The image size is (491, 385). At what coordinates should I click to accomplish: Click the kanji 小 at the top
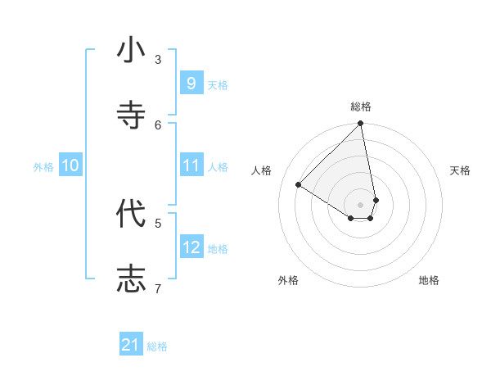(x=131, y=51)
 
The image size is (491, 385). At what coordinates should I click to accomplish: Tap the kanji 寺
(x=131, y=115)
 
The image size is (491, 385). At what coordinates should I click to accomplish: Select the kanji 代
(x=131, y=214)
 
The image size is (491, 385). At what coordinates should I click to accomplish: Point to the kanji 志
(x=131, y=278)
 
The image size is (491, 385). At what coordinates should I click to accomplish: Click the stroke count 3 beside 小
(x=158, y=59)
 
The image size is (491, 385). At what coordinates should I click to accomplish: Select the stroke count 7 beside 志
(x=158, y=288)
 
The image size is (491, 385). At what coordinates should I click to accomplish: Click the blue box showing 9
(x=191, y=83)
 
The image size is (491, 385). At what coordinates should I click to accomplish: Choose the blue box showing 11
(x=191, y=165)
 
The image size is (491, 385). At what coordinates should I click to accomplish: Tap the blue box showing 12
(x=191, y=247)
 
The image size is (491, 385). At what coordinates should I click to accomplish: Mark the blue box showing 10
(x=70, y=165)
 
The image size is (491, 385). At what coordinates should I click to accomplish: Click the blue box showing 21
(x=131, y=345)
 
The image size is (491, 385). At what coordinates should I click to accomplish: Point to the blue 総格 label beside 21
(x=157, y=346)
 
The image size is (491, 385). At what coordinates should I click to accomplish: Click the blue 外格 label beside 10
(x=43, y=167)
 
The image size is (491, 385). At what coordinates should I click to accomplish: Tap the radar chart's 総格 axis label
(x=361, y=106)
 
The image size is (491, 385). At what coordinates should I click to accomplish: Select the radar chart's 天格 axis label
(x=460, y=170)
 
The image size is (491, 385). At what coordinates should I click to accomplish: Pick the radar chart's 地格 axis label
(x=429, y=280)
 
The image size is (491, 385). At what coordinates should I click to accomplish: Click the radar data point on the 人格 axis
(x=299, y=185)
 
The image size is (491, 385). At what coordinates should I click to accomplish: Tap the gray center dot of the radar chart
(x=361, y=204)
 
